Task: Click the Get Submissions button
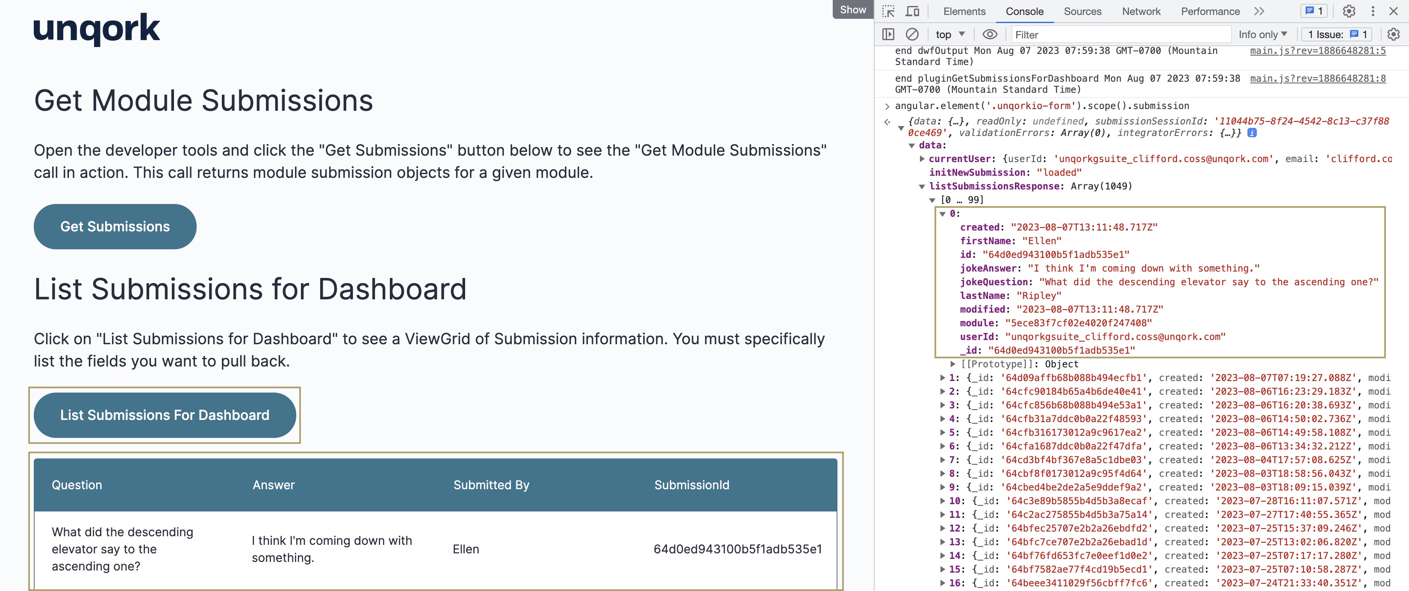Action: (115, 227)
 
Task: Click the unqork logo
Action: (97, 29)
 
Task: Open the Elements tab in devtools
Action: (964, 11)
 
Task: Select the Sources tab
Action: (1082, 11)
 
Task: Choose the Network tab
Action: (1141, 11)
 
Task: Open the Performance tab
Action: (1210, 11)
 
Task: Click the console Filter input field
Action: (1121, 35)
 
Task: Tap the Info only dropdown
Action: (1262, 35)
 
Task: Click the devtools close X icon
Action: (1394, 11)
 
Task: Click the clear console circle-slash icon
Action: (912, 35)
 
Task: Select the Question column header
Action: (77, 485)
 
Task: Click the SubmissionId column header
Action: (691, 485)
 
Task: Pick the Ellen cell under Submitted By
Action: (466, 549)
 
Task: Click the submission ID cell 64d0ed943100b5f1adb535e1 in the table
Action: (737, 549)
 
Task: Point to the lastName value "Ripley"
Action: (1039, 295)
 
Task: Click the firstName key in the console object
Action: (985, 241)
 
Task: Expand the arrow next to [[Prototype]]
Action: (953, 364)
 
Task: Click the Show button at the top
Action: (853, 9)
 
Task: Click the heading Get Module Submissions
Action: (203, 100)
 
